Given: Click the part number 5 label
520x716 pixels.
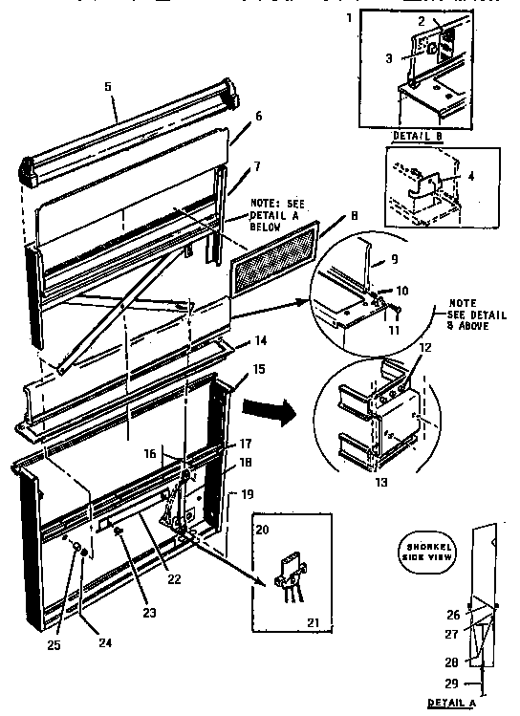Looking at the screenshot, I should coord(107,86).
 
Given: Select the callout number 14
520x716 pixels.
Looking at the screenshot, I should coord(258,339).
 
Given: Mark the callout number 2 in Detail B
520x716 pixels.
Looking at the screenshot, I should coord(447,20).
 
